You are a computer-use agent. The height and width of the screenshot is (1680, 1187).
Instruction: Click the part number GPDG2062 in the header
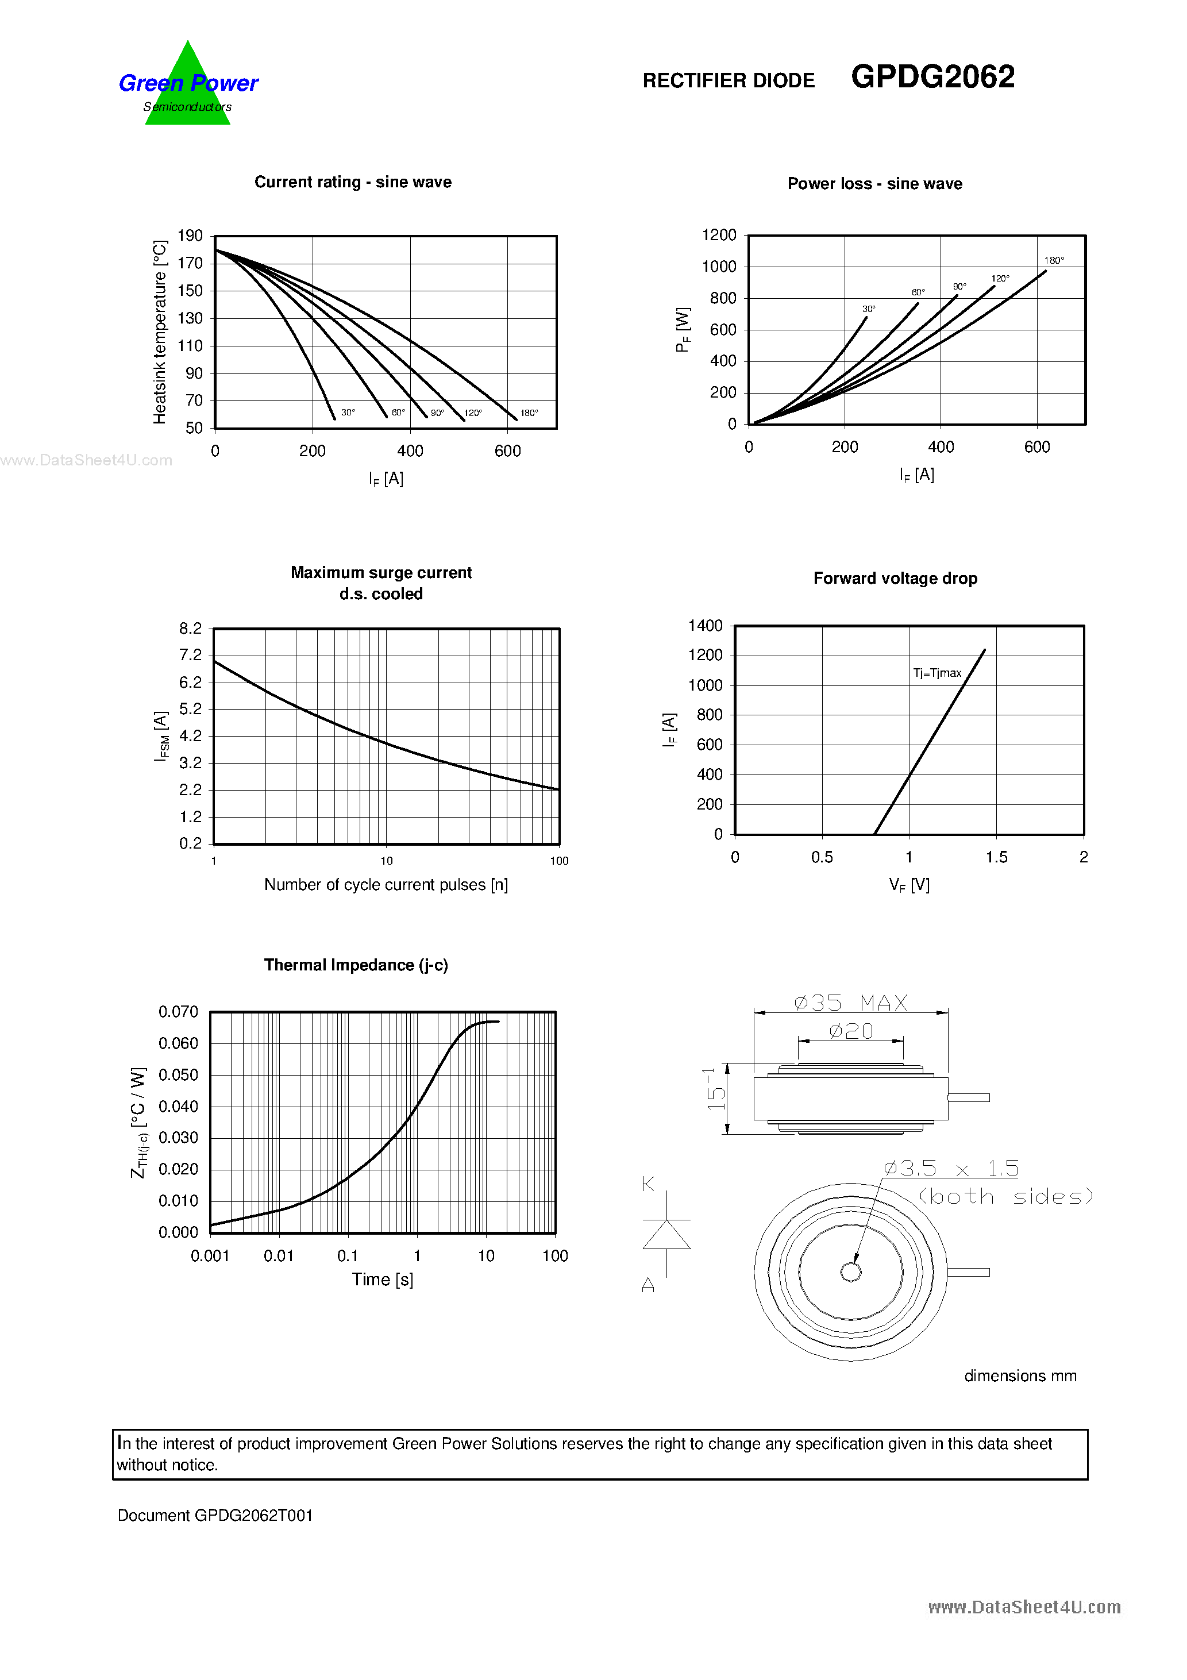pos(932,77)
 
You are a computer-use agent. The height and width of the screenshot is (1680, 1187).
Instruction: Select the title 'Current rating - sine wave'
pos(353,182)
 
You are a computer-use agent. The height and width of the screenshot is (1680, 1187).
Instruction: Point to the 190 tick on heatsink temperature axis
pos(190,236)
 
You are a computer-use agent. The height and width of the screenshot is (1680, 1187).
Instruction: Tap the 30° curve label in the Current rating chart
pos(348,413)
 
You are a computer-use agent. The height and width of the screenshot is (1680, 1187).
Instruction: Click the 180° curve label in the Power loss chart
pos(1054,260)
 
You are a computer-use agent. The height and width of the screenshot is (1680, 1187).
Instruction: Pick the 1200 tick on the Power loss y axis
pos(719,235)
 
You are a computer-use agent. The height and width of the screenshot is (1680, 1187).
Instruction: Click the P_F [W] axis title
pos(683,330)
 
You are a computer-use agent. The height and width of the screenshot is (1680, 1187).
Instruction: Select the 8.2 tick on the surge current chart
pos(190,629)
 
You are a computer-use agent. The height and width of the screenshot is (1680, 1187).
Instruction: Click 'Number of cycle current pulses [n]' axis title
pos(386,885)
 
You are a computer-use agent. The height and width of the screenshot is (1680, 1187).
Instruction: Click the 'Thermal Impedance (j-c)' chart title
pos(356,965)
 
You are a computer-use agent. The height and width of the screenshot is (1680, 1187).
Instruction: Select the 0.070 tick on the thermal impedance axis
pos(178,1012)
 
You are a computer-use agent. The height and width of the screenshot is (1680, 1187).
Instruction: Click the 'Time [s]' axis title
pos(383,1280)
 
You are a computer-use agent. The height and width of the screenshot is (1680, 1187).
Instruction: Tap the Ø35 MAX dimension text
pos(850,1003)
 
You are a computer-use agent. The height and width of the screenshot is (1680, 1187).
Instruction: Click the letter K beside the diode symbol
pos(648,1184)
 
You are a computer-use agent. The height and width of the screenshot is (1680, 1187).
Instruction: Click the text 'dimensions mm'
pos(1020,1376)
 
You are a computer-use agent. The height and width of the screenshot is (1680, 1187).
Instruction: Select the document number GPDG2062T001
pos(215,1515)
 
